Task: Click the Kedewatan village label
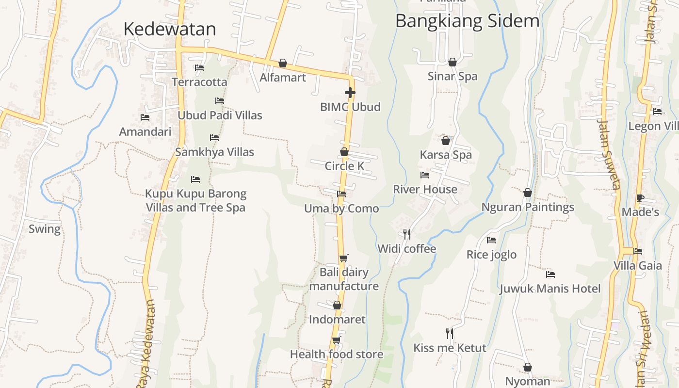[x=169, y=29]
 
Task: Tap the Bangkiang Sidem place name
[x=467, y=21]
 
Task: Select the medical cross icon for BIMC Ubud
[x=350, y=92]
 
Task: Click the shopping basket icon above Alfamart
[x=283, y=63]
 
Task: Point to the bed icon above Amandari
[x=145, y=117]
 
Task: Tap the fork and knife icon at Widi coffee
[x=407, y=234]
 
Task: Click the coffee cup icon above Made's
[x=640, y=198]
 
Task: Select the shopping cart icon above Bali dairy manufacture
[x=343, y=258]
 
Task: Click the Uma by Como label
[x=341, y=209]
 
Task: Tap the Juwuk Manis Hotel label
[x=550, y=289]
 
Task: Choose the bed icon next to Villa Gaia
[x=638, y=251]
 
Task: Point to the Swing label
[x=45, y=229]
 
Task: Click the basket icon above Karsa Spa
[x=446, y=141]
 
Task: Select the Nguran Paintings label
[x=528, y=207]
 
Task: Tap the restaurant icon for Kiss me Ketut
[x=450, y=333]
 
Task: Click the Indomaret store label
[x=337, y=320]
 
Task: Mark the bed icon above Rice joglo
[x=491, y=240]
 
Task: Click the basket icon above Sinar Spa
[x=453, y=62]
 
